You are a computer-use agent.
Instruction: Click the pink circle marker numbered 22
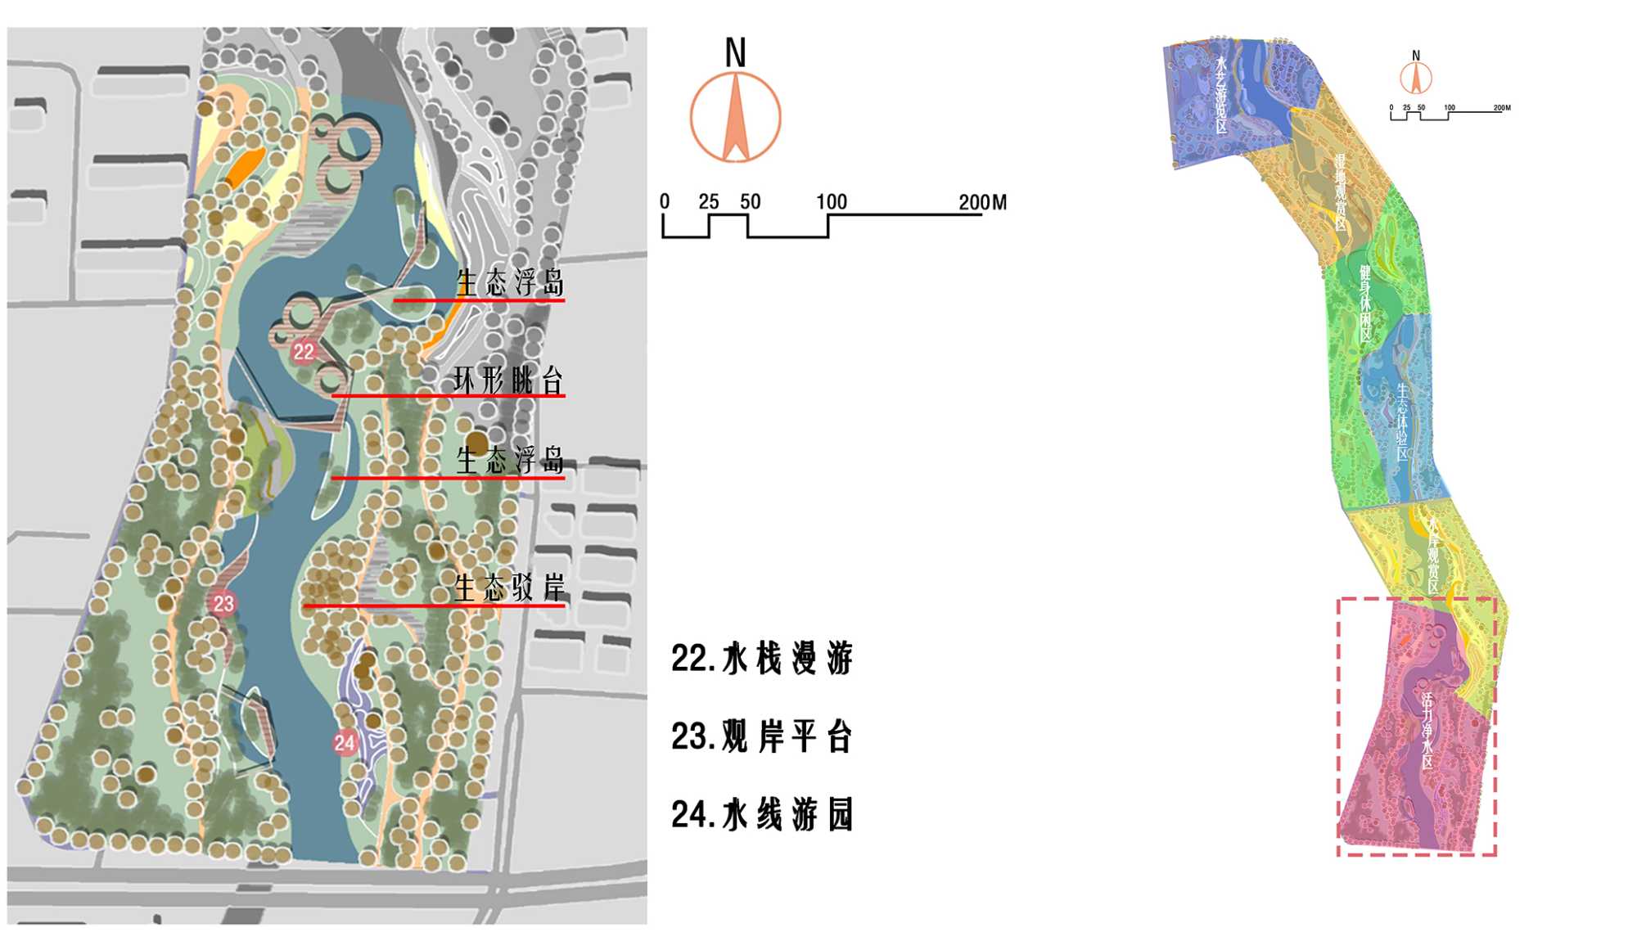pyautogui.click(x=304, y=352)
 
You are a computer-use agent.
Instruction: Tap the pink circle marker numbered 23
pyautogui.click(x=223, y=604)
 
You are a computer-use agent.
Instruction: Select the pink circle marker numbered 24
pyautogui.click(x=345, y=743)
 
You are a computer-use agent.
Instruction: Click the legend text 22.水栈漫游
pyautogui.click(x=762, y=659)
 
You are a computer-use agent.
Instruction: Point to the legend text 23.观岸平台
pyautogui.click(x=762, y=736)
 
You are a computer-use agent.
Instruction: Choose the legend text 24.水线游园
pyautogui.click(x=762, y=814)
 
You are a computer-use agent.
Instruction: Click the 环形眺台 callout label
pyautogui.click(x=508, y=380)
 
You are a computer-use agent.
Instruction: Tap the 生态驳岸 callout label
pyautogui.click(x=509, y=588)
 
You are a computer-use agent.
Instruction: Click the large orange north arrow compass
pyautogui.click(x=735, y=117)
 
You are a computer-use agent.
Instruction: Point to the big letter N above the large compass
pyautogui.click(x=735, y=53)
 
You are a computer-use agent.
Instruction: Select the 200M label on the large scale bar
pyautogui.click(x=982, y=202)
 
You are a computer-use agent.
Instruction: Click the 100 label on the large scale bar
pyautogui.click(x=831, y=202)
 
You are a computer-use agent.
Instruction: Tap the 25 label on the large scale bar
pyautogui.click(x=709, y=202)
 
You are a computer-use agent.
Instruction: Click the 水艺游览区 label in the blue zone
pyautogui.click(x=1221, y=94)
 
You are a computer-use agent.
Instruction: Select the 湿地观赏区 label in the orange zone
pyautogui.click(x=1341, y=192)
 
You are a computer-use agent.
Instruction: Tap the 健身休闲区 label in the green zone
pyautogui.click(x=1365, y=303)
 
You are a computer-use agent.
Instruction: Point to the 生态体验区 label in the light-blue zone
pyautogui.click(x=1402, y=421)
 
